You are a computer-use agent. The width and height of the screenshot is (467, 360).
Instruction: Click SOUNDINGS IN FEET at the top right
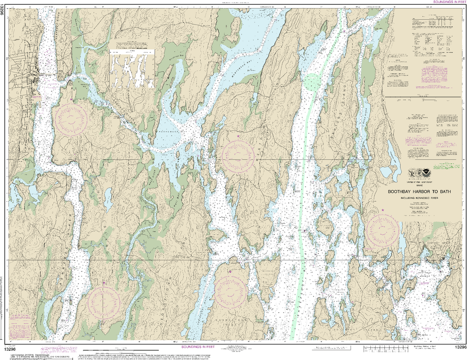pos(449,2)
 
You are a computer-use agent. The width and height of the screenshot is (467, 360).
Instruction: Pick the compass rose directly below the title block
pos(383,230)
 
